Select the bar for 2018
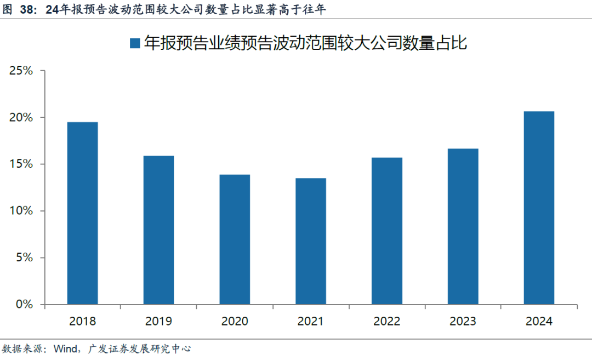(82, 213)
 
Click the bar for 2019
(158, 230)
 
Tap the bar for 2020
(235, 239)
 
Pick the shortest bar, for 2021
(311, 241)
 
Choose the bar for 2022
(386, 231)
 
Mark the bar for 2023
(463, 226)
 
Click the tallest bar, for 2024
(539, 208)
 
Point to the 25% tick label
(21, 71)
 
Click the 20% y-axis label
(21, 118)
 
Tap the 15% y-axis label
(21, 164)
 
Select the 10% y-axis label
(21, 211)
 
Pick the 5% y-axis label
(25, 258)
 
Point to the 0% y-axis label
(25, 304)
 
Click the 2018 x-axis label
(82, 322)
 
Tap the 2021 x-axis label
(311, 322)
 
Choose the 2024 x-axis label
(539, 322)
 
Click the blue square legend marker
(134, 43)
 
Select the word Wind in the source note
(65, 348)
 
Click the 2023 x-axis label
(463, 322)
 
